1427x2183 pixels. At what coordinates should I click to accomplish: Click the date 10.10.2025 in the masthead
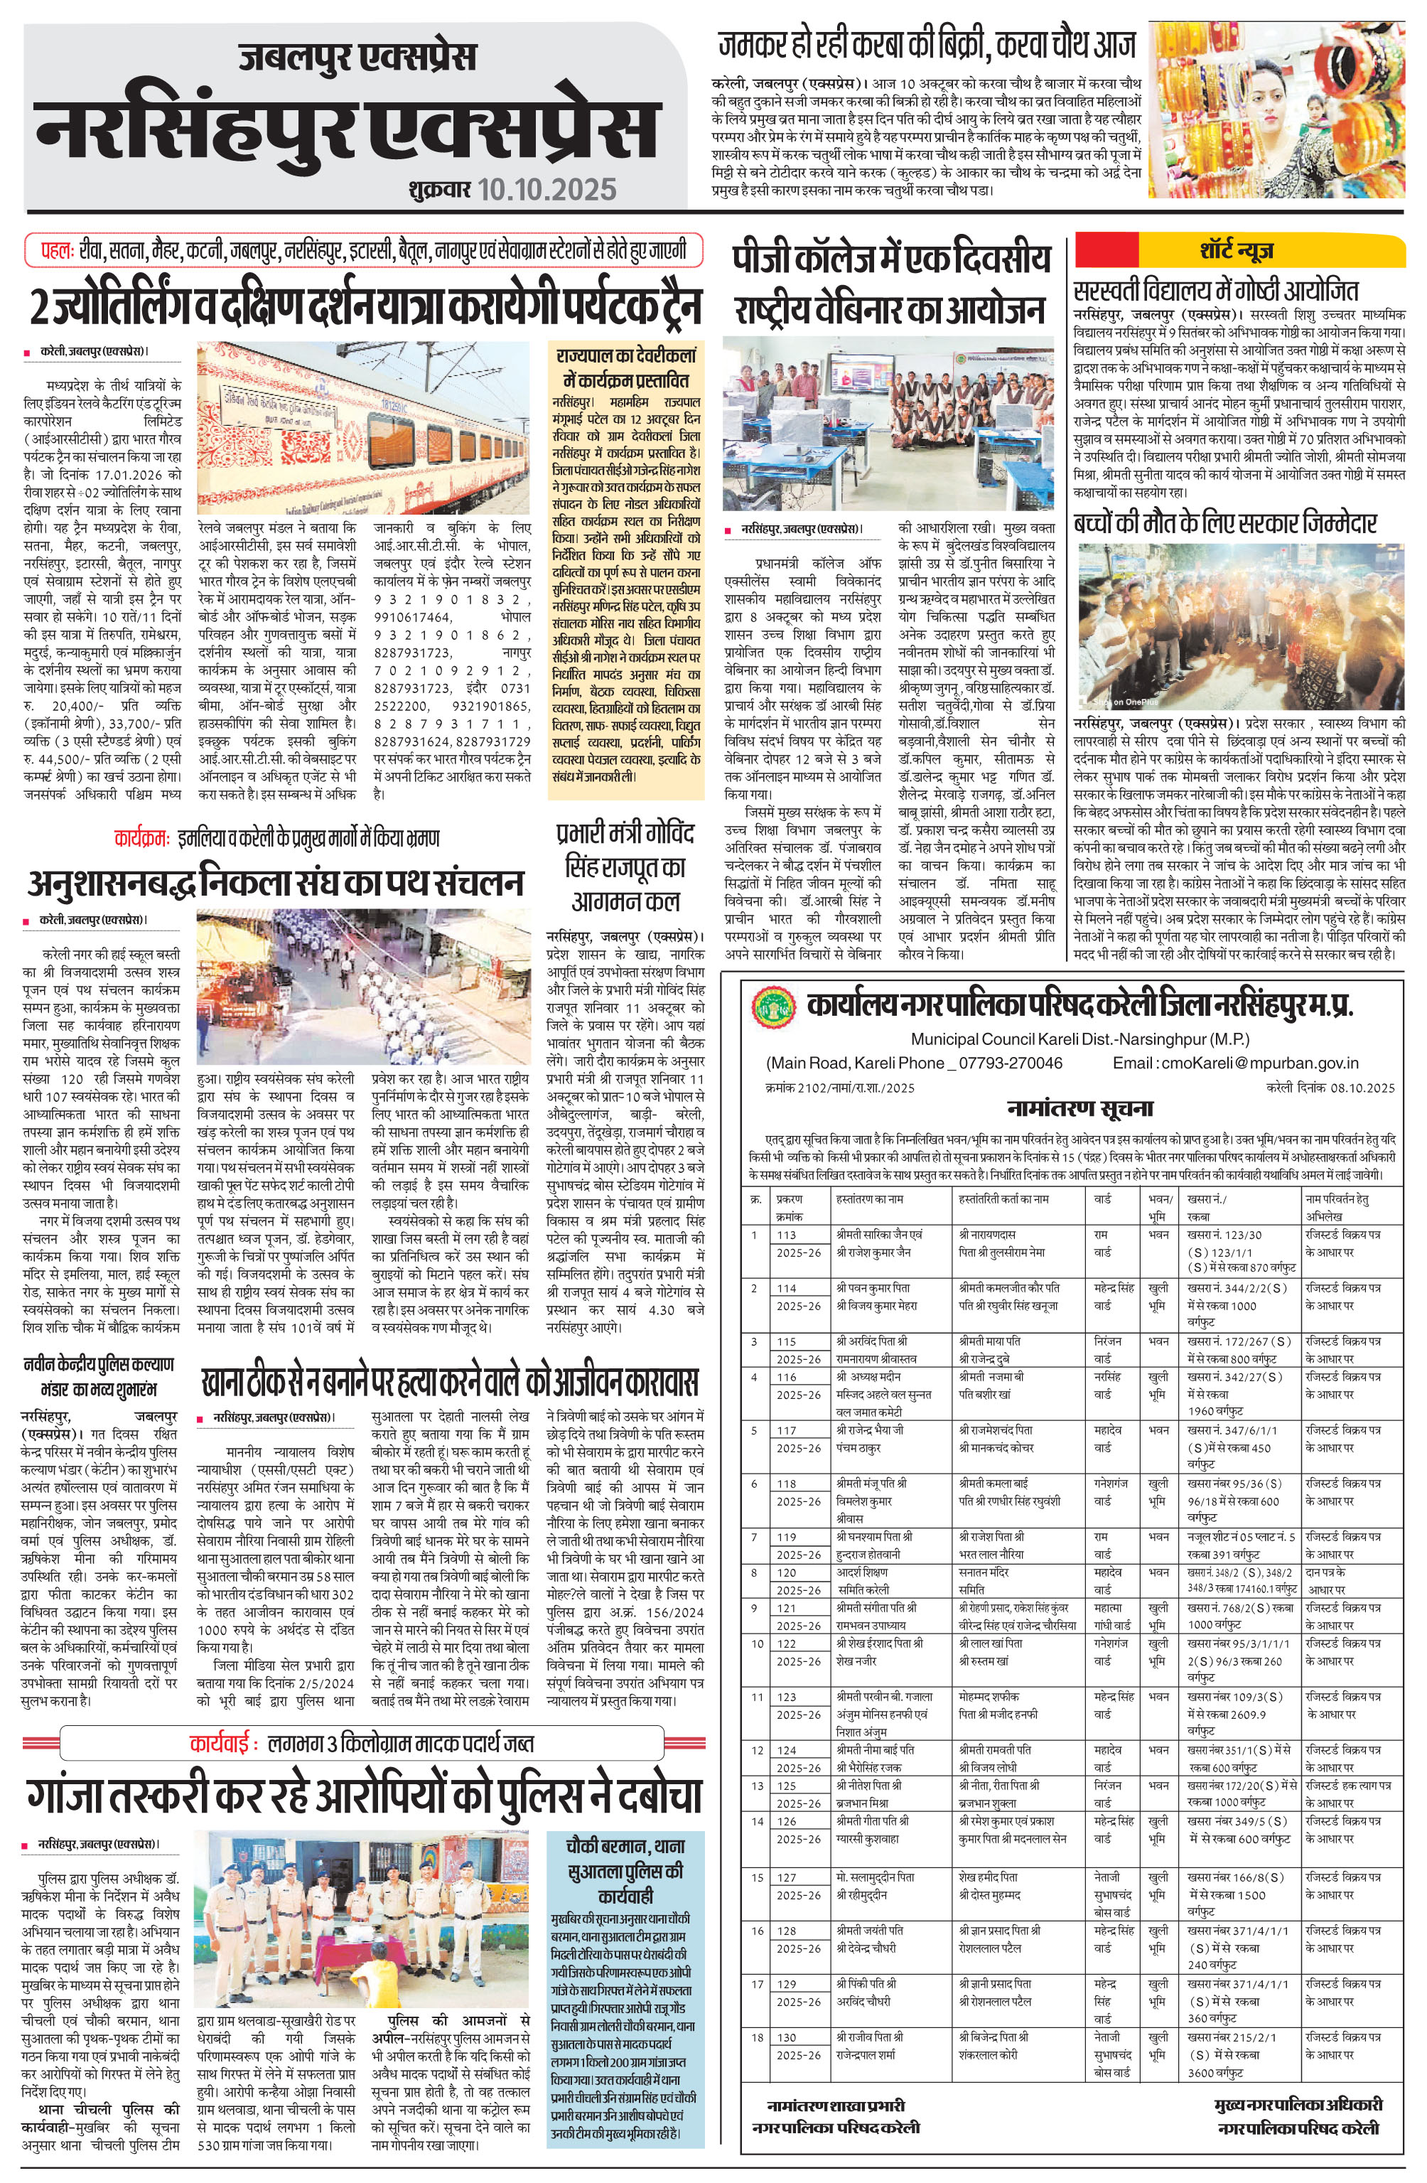(546, 189)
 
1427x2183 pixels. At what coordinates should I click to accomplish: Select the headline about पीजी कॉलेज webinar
(890, 284)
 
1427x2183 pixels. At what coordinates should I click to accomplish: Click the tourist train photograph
(363, 427)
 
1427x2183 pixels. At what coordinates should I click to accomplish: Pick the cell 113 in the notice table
(787, 1235)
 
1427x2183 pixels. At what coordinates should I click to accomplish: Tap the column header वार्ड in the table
(1102, 1198)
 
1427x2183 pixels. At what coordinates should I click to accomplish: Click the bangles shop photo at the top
(1278, 110)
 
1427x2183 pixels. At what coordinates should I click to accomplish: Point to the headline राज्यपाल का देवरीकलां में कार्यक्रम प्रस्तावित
(625, 367)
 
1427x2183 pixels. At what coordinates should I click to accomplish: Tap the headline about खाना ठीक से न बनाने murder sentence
(449, 1381)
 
